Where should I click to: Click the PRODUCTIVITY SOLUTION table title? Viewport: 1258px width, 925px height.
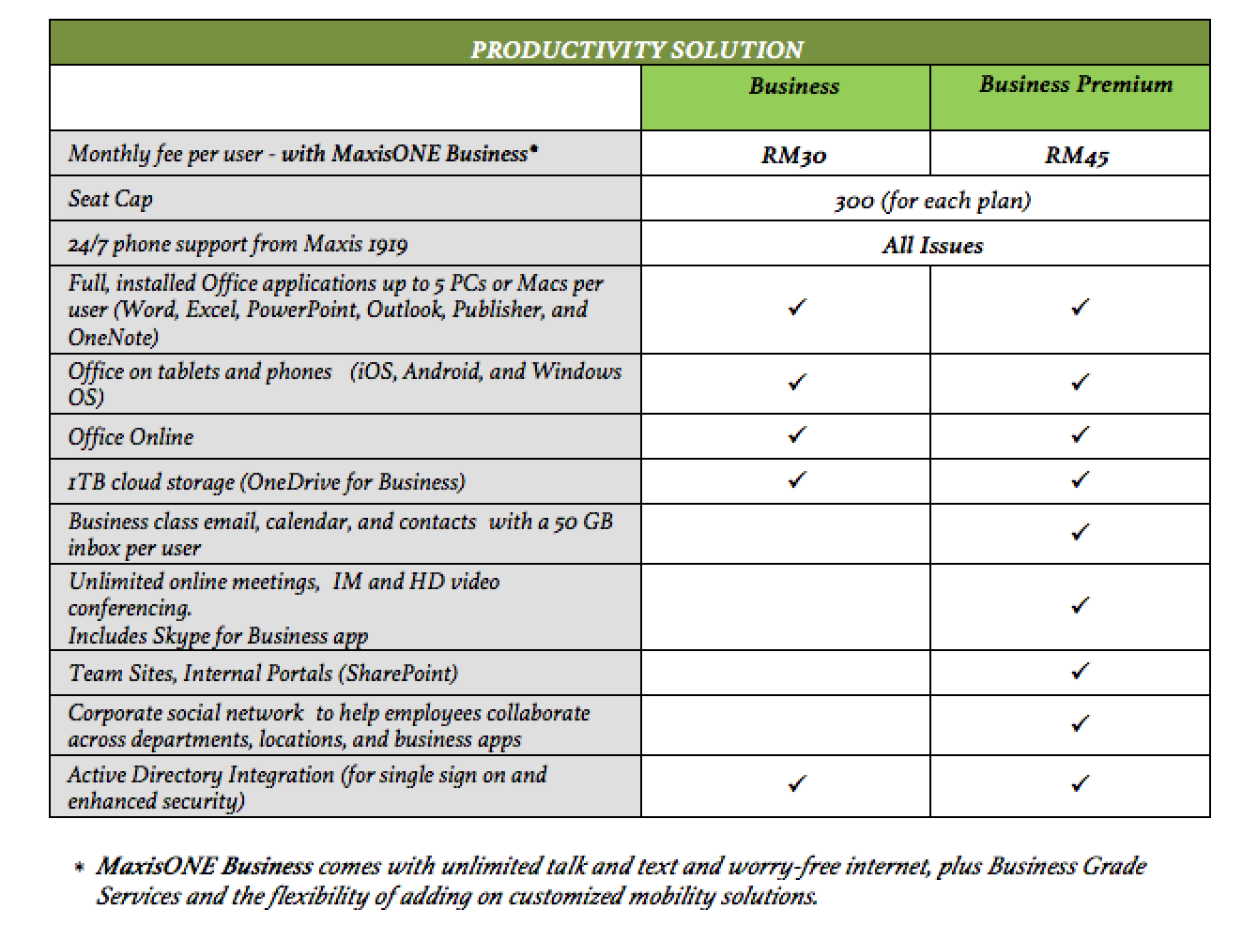tap(637, 49)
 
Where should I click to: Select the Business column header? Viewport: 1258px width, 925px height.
tap(793, 86)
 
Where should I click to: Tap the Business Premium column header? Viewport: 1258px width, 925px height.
tap(1076, 84)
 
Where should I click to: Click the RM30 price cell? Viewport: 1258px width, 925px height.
tap(793, 155)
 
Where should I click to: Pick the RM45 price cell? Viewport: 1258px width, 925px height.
tap(1076, 155)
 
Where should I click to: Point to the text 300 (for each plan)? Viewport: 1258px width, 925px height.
tap(932, 201)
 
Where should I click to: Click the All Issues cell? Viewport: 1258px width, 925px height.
tap(932, 246)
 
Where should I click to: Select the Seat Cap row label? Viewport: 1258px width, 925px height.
tap(110, 199)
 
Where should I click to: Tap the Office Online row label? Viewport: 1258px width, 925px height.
tap(130, 437)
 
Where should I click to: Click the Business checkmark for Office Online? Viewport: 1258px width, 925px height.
tap(797, 434)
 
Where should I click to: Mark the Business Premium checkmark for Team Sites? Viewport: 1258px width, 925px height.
tap(1081, 671)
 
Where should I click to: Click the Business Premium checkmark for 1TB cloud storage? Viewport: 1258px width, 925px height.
tap(1081, 479)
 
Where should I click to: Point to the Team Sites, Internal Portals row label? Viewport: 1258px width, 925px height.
tap(263, 674)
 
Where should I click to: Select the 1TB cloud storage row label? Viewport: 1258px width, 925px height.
tap(267, 482)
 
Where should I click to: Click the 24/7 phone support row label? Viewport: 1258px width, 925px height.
tap(238, 245)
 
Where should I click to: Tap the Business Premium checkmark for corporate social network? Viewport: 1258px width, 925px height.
tap(1081, 723)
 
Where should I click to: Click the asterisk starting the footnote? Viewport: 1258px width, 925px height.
tap(79, 867)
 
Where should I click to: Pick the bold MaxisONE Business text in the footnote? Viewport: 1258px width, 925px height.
tap(205, 866)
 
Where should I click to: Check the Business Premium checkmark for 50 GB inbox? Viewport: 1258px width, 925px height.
tap(1081, 532)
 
